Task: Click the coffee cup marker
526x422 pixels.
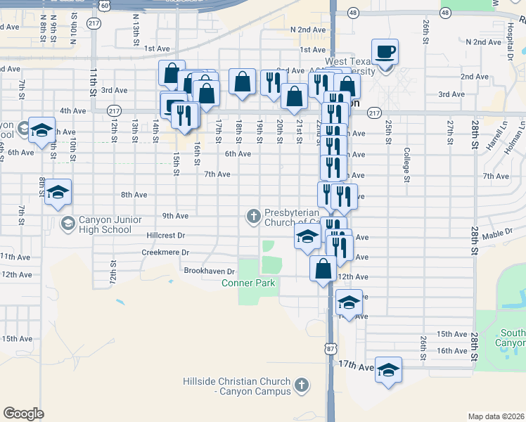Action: pyautogui.click(x=385, y=52)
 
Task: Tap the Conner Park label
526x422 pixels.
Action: pyautogui.click(x=248, y=283)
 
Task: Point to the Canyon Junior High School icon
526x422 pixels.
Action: pyautogui.click(x=68, y=224)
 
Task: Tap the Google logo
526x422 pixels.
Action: pyautogui.click(x=23, y=413)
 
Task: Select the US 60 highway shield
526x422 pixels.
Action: pyautogui.click(x=104, y=5)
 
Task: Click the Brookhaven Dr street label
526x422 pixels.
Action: pyautogui.click(x=209, y=271)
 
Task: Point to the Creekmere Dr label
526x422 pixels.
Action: pyautogui.click(x=165, y=252)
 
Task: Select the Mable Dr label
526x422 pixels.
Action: pyautogui.click(x=498, y=233)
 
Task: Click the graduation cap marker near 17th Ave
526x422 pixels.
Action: pyautogui.click(x=388, y=369)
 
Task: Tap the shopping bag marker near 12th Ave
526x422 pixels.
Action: pyautogui.click(x=323, y=269)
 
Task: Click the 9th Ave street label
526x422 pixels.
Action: pyautogui.click(x=175, y=216)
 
